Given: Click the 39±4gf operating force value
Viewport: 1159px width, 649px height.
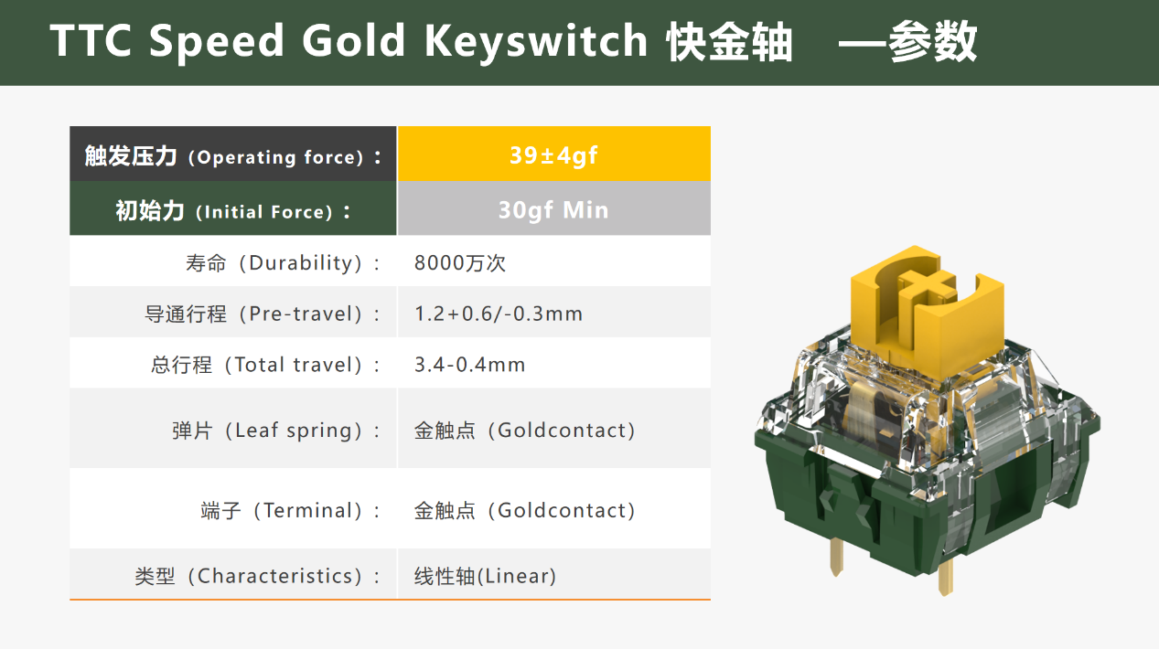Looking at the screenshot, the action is pos(553,155).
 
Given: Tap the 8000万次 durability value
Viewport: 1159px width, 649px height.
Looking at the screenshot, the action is pos(459,262).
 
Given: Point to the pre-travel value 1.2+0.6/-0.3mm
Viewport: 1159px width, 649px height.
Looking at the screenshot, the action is pos(499,314).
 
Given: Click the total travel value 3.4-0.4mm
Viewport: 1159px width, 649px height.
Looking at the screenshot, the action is pos(469,365).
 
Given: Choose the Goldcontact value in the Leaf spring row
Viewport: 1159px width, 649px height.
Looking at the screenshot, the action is pos(524,431).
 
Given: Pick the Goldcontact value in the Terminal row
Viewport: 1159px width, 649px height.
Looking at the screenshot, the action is pos(524,510).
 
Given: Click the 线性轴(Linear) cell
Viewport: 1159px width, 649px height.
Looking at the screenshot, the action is pos(485,576).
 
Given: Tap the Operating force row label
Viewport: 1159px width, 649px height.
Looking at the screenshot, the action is pos(233,156).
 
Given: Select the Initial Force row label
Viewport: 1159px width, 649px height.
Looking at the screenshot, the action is pos(233,211).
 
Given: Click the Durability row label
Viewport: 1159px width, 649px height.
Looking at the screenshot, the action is pos(283,262).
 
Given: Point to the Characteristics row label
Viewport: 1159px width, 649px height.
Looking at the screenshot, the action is pos(257,576).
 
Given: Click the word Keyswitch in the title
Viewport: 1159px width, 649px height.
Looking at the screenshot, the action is pos(535,41).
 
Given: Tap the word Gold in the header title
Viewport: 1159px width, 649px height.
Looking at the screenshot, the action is pos(353,40).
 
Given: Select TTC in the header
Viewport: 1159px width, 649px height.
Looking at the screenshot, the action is pos(91,40).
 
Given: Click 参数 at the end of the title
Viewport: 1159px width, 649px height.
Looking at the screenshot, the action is pos(932,41).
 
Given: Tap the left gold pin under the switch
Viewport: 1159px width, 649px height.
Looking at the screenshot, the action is pos(836,557).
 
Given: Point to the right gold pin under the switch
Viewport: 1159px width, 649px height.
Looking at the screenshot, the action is pos(945,577).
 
